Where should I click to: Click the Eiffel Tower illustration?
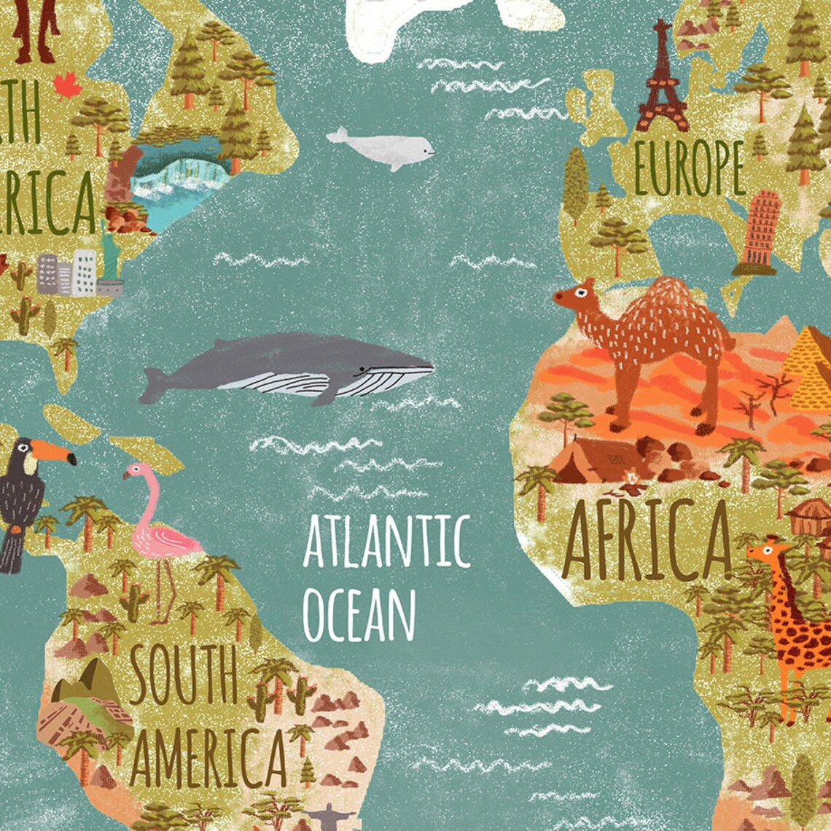pos(661,80)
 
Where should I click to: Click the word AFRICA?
pos(646,540)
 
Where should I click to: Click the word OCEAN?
pos(359,617)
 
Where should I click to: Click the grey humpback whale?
pos(292,368)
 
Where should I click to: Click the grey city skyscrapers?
pos(69,273)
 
